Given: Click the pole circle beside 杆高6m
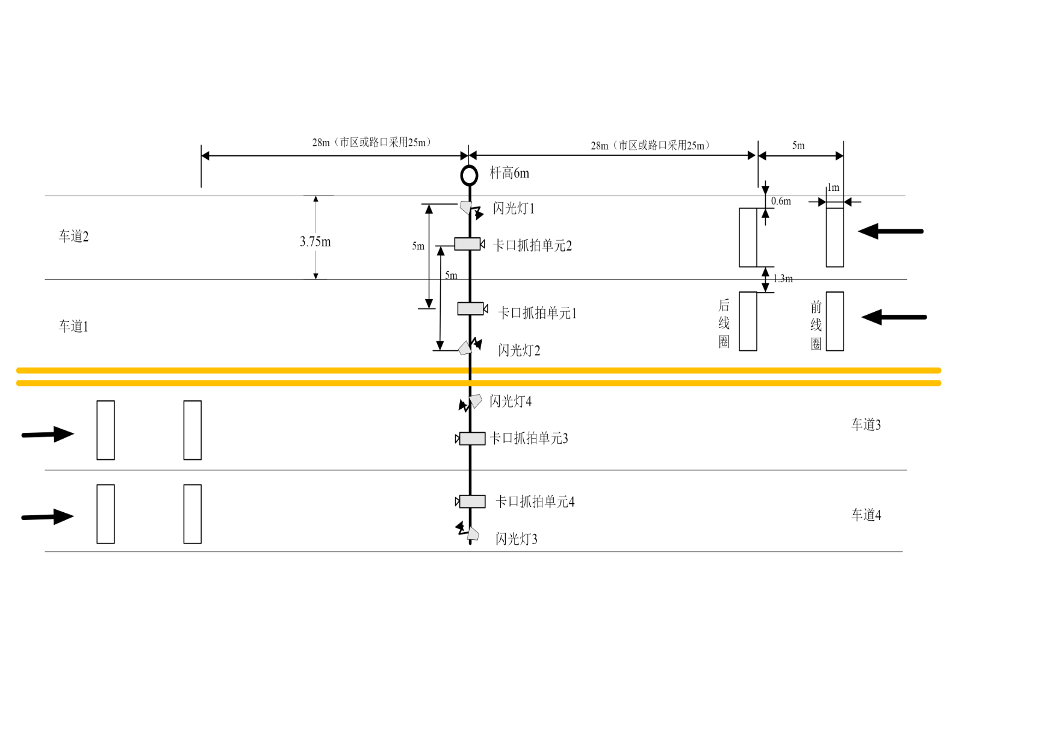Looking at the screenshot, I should [x=469, y=175].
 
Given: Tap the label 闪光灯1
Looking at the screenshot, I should [x=513, y=208].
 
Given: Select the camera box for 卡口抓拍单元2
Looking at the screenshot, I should [x=467, y=244].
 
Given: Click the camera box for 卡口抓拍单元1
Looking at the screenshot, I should [x=470, y=309].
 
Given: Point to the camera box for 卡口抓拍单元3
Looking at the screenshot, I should [x=472, y=439].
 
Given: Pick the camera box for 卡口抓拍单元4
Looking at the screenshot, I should [x=472, y=501].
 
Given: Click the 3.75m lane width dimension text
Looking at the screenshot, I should [x=315, y=241].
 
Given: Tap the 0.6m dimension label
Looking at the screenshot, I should [x=781, y=201].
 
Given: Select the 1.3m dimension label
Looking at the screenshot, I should [x=783, y=279].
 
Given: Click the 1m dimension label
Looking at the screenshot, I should [x=833, y=188].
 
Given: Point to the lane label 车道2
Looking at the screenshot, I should [x=73, y=237].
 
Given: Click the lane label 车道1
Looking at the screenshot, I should [x=73, y=326].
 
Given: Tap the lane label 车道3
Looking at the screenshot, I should [x=866, y=425].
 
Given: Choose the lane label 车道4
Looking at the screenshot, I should [x=866, y=515].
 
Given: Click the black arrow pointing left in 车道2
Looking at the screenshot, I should [x=890, y=231].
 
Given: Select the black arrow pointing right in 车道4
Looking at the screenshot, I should [x=48, y=516].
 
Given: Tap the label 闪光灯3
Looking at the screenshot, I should [x=516, y=539].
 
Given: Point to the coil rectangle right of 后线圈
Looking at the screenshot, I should [x=748, y=321].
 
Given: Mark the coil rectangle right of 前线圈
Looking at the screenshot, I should [x=834, y=321].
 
